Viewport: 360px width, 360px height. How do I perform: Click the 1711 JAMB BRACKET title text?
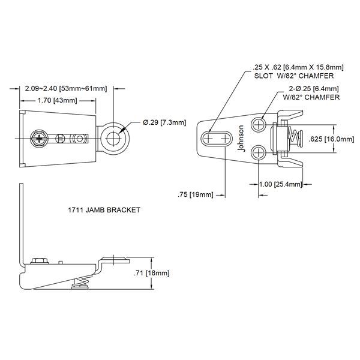(x=104, y=211)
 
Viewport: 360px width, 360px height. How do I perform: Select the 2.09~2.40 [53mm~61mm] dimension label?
(x=66, y=89)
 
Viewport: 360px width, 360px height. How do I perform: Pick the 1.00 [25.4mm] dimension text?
(x=279, y=185)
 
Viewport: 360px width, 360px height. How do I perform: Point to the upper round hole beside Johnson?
(x=259, y=125)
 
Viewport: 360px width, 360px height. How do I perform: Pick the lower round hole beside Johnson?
(x=259, y=152)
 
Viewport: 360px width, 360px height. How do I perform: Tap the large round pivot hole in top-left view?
(x=112, y=138)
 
